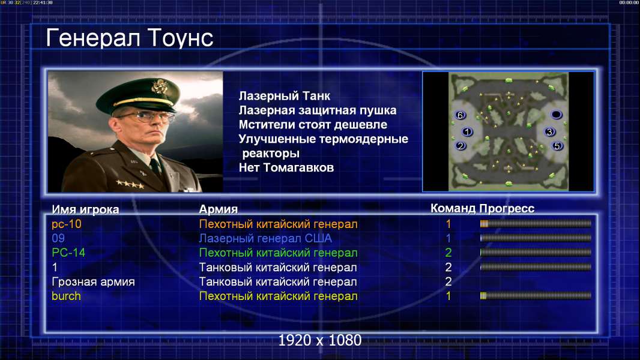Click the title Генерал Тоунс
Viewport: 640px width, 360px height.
tap(130, 38)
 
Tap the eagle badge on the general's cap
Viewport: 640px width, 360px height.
tap(158, 86)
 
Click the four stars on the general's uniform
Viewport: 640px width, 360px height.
tap(130, 184)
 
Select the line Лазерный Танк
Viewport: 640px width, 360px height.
tap(285, 96)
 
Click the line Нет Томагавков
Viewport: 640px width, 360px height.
tap(286, 167)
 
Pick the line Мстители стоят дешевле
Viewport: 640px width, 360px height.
tap(313, 124)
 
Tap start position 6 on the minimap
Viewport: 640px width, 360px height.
tap(460, 115)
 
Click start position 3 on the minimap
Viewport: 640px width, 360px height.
tap(549, 131)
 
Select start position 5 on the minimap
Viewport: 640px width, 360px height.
tap(557, 146)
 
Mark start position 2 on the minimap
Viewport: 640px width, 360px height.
tap(460, 146)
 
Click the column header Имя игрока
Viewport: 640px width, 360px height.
tap(85, 209)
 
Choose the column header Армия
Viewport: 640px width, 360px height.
tap(219, 209)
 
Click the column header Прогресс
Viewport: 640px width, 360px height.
tap(507, 209)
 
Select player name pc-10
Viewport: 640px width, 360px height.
tap(67, 224)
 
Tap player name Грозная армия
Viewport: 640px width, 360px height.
tap(93, 282)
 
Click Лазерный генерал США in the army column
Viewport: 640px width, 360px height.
tap(265, 239)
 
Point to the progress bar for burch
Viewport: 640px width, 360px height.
tap(536, 296)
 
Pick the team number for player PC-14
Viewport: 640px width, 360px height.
tap(448, 253)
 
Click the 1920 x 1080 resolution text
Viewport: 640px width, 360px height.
tap(320, 340)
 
